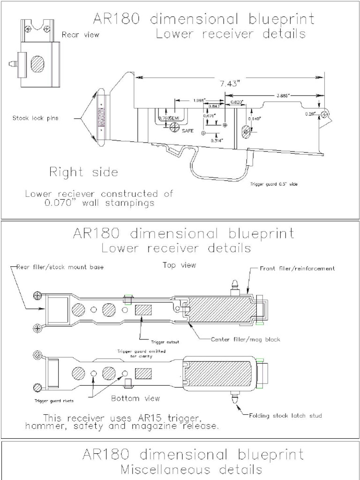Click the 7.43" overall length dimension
[x=229, y=84]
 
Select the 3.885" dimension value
[x=283, y=95]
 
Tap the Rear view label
[x=80, y=34]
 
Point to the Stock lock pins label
[x=35, y=118]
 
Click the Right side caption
[x=83, y=172]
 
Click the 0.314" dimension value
[x=216, y=140]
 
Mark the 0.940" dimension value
[x=254, y=119]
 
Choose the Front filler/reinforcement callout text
[x=297, y=269]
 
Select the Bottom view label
[x=135, y=398]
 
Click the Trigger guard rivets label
[x=54, y=401]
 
